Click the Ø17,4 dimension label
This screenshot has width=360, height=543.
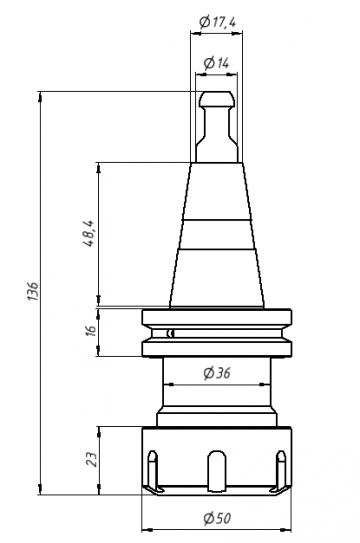pyautogui.click(x=218, y=23)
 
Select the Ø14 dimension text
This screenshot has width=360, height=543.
pyautogui.click(x=217, y=63)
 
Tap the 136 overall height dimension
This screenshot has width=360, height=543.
pyautogui.click(x=33, y=291)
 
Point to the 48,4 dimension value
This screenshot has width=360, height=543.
pyautogui.click(x=89, y=233)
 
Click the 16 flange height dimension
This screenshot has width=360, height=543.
pyautogui.click(x=90, y=331)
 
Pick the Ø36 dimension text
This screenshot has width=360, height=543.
pyautogui.click(x=217, y=373)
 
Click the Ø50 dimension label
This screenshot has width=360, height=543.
pyautogui.click(x=217, y=518)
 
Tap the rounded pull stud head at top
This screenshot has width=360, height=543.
pyautogui.click(x=217, y=99)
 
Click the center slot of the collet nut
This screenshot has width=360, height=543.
pyautogui.click(x=217, y=471)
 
